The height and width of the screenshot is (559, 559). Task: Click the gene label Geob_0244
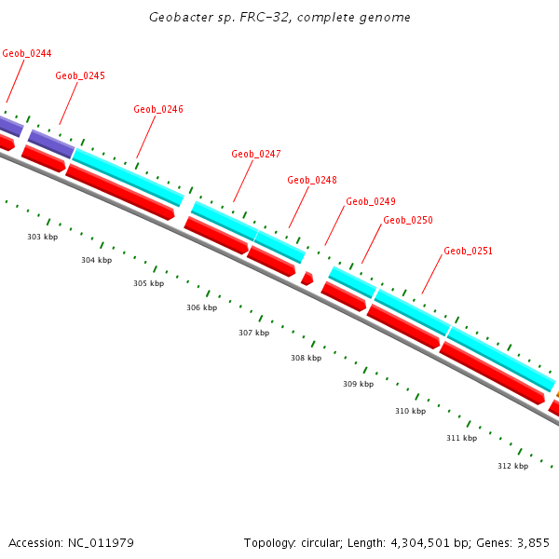click(x=27, y=53)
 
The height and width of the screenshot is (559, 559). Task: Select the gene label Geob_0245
click(x=80, y=75)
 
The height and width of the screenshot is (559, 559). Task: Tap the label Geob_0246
click(x=158, y=109)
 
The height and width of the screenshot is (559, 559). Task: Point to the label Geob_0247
click(x=256, y=154)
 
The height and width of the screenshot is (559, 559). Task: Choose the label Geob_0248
click(x=312, y=180)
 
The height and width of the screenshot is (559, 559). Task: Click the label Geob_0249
click(x=371, y=201)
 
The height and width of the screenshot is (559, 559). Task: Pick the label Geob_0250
click(x=408, y=220)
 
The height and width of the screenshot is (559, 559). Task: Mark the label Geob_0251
click(x=469, y=251)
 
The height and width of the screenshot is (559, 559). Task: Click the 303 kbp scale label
click(x=42, y=238)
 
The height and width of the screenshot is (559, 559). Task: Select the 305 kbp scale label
click(x=148, y=283)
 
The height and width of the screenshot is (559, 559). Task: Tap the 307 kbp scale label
click(x=253, y=333)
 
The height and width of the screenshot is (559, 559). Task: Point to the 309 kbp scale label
click(x=358, y=384)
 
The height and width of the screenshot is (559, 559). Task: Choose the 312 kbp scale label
click(x=512, y=466)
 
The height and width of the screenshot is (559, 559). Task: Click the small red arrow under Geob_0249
click(x=307, y=278)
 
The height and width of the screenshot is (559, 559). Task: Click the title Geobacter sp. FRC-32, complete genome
click(x=279, y=18)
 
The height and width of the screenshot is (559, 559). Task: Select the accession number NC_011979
click(x=96, y=542)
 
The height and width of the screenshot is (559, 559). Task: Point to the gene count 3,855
click(x=534, y=542)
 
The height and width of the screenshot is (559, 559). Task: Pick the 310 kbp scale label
click(x=410, y=411)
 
